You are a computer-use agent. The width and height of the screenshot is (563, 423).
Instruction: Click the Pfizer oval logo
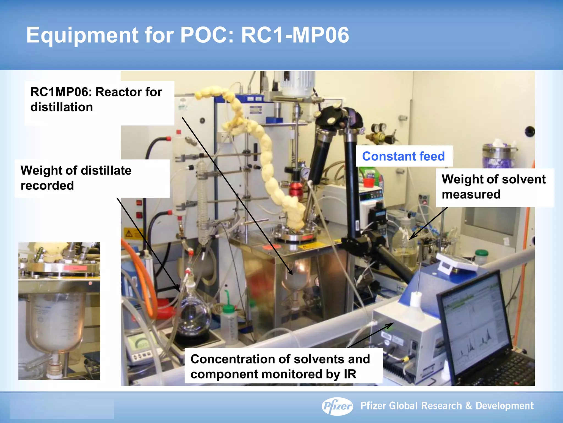click(337, 406)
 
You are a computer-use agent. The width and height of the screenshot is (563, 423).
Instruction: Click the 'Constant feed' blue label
click(403, 156)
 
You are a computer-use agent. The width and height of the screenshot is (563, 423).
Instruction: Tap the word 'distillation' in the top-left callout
click(62, 107)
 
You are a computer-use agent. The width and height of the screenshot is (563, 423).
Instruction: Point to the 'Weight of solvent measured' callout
click(494, 187)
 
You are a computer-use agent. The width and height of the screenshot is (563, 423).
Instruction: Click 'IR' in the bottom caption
click(350, 374)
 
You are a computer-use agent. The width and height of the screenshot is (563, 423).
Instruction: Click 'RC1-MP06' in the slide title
click(295, 35)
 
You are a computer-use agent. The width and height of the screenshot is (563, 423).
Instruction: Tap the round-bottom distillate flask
click(192, 317)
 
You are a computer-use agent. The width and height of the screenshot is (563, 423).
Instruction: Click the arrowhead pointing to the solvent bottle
click(412, 237)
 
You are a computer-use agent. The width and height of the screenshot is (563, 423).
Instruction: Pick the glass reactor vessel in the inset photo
click(58, 322)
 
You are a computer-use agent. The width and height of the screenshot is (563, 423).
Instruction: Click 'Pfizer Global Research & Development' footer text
click(447, 406)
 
